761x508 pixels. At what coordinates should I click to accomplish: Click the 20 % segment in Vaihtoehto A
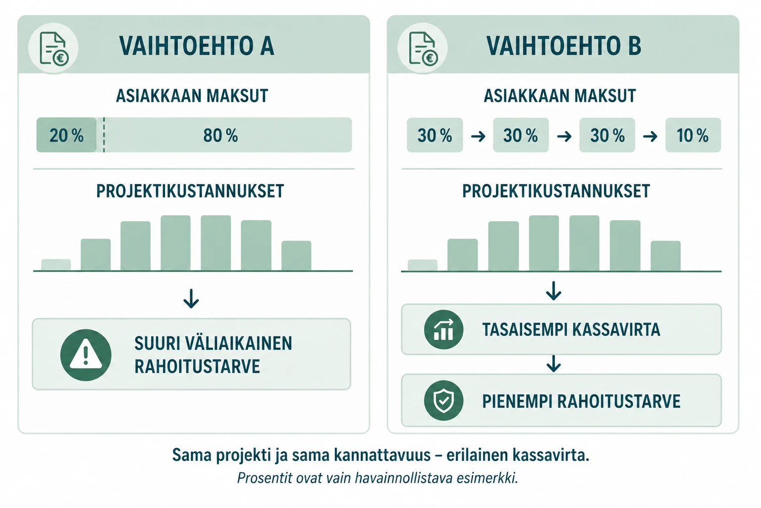click(x=66, y=135)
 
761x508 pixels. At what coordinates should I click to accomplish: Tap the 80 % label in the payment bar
click(x=220, y=135)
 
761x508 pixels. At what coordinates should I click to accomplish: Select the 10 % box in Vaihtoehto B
click(x=693, y=135)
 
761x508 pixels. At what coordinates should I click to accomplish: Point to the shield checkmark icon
click(x=443, y=400)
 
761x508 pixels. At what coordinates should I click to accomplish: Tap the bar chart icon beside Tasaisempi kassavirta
click(x=443, y=329)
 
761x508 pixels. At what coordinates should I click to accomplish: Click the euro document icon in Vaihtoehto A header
click(x=54, y=48)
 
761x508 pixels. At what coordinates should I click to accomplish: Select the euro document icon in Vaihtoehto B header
click(x=423, y=48)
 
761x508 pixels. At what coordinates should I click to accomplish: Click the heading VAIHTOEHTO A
click(x=196, y=46)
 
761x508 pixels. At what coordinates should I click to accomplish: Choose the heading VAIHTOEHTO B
click(x=564, y=46)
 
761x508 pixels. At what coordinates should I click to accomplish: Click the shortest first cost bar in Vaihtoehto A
click(x=56, y=265)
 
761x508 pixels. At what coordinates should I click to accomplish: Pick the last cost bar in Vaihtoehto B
click(x=665, y=256)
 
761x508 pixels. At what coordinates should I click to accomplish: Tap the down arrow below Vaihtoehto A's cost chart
click(x=191, y=299)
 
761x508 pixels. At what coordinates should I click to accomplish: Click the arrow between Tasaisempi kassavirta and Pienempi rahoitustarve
click(x=553, y=364)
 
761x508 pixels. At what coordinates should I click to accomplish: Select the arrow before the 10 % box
click(x=650, y=136)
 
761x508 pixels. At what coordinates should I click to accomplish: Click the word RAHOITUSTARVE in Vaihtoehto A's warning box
click(x=197, y=366)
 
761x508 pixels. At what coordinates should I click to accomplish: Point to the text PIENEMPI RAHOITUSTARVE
click(x=581, y=401)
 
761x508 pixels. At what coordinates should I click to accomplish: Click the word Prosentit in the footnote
click(x=265, y=478)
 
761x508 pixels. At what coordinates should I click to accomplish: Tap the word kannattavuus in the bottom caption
click(x=382, y=455)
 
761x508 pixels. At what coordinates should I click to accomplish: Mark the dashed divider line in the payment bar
click(x=104, y=135)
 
